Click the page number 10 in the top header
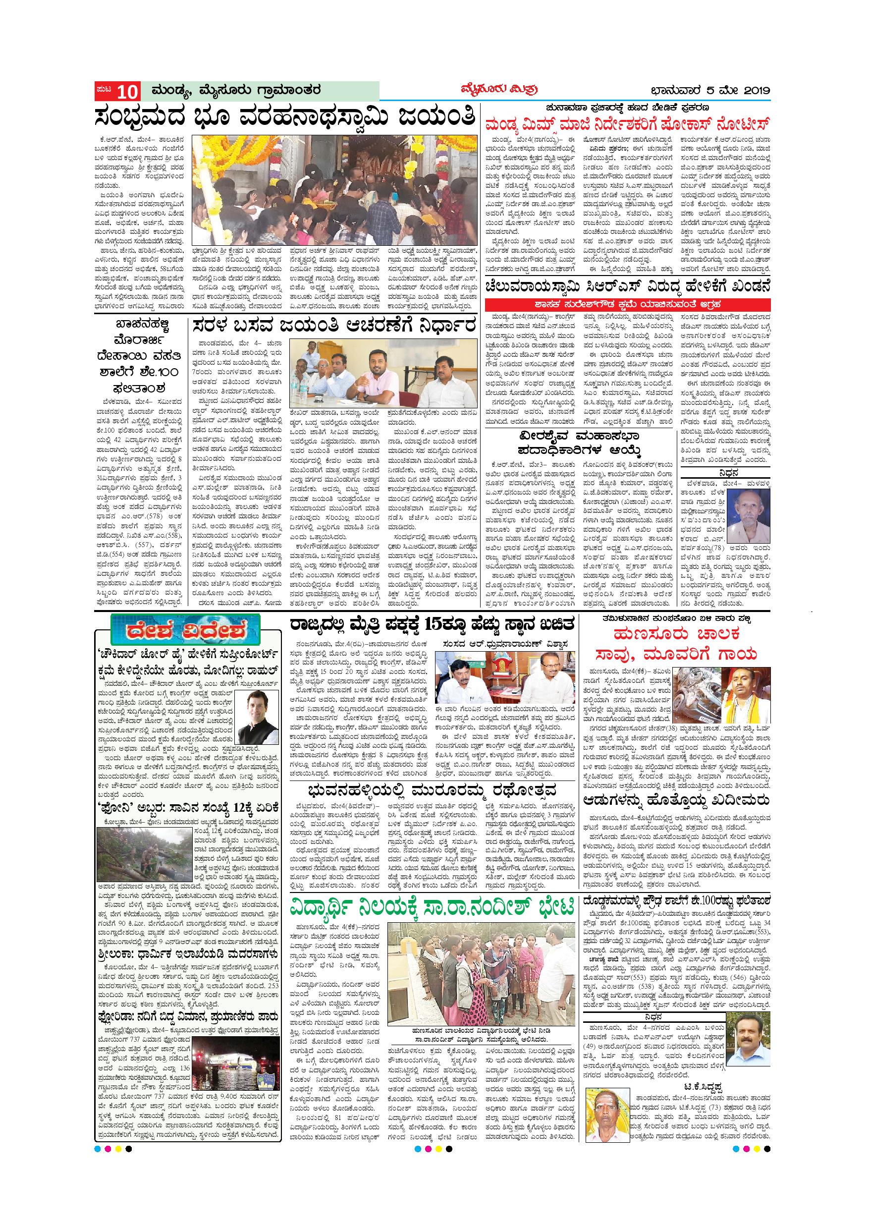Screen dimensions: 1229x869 click(x=127, y=92)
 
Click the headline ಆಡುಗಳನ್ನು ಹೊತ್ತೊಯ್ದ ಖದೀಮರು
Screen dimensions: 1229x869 click(x=676, y=801)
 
